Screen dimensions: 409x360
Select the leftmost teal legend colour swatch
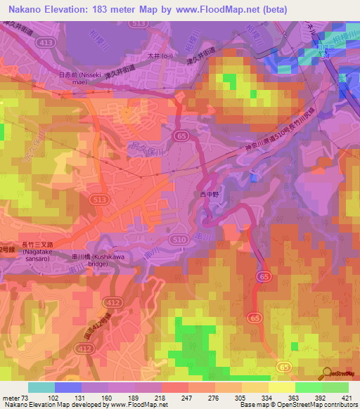[40, 387]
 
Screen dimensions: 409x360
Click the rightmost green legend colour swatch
[336, 387]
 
